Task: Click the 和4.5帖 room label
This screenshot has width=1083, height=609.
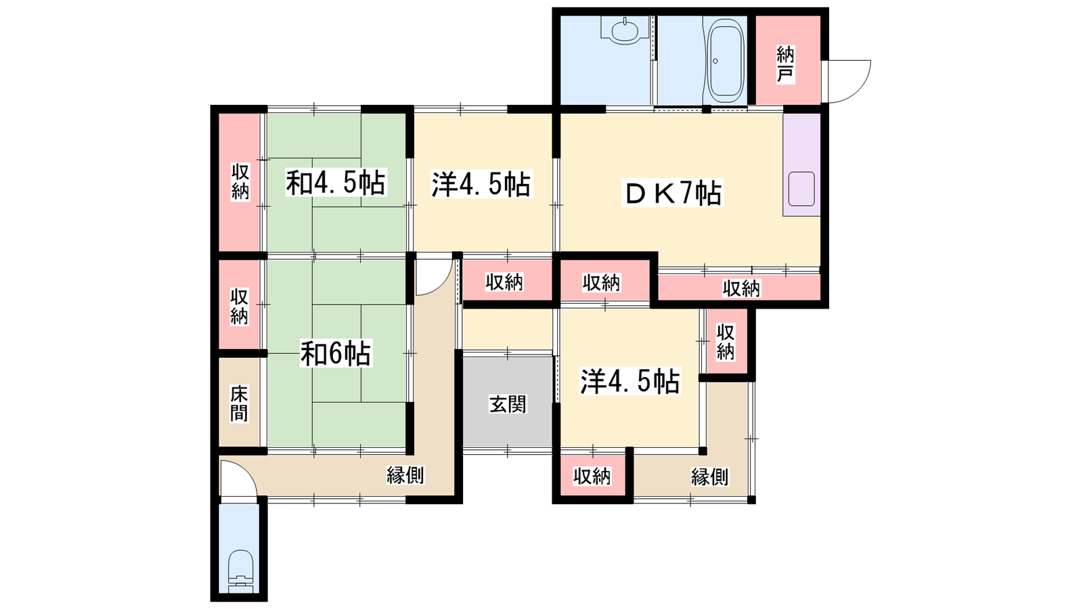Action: (x=336, y=183)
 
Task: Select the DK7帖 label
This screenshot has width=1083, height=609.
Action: (x=672, y=194)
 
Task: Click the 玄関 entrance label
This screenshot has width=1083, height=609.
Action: (x=507, y=404)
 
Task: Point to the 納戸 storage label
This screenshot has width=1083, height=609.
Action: (x=785, y=64)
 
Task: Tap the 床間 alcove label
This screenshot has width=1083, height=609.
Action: (x=239, y=403)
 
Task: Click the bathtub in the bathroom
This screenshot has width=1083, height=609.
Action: (x=724, y=58)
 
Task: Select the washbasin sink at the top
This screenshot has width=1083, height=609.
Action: (x=624, y=30)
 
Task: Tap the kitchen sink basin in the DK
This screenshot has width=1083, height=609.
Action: (x=801, y=189)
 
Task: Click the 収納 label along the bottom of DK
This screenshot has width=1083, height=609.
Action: (x=741, y=288)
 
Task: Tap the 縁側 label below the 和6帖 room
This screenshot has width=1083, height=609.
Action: (x=405, y=476)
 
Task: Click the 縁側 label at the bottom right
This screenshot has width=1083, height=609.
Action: (x=709, y=477)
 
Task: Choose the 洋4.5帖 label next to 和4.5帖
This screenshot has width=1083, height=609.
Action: (x=481, y=183)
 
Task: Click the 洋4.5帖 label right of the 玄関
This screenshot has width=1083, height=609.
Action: (x=629, y=382)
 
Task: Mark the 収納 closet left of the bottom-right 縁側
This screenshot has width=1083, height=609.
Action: (x=592, y=476)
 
